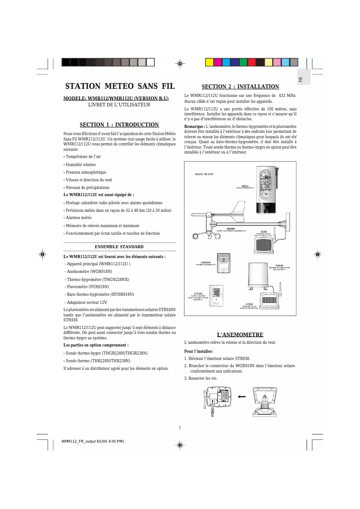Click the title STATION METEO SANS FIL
point(119,86)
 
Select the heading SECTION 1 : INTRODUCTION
point(119,125)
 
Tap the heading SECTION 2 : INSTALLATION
point(240,87)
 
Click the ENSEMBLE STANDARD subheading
point(119,247)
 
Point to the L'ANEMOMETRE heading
point(240,335)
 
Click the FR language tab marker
point(301,79)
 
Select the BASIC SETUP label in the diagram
point(204,174)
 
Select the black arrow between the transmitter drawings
point(242,397)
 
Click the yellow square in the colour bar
point(209,62)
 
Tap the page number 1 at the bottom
point(180,427)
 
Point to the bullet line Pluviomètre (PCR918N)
point(87,286)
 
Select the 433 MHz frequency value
point(288,96)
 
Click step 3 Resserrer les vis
point(201,378)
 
